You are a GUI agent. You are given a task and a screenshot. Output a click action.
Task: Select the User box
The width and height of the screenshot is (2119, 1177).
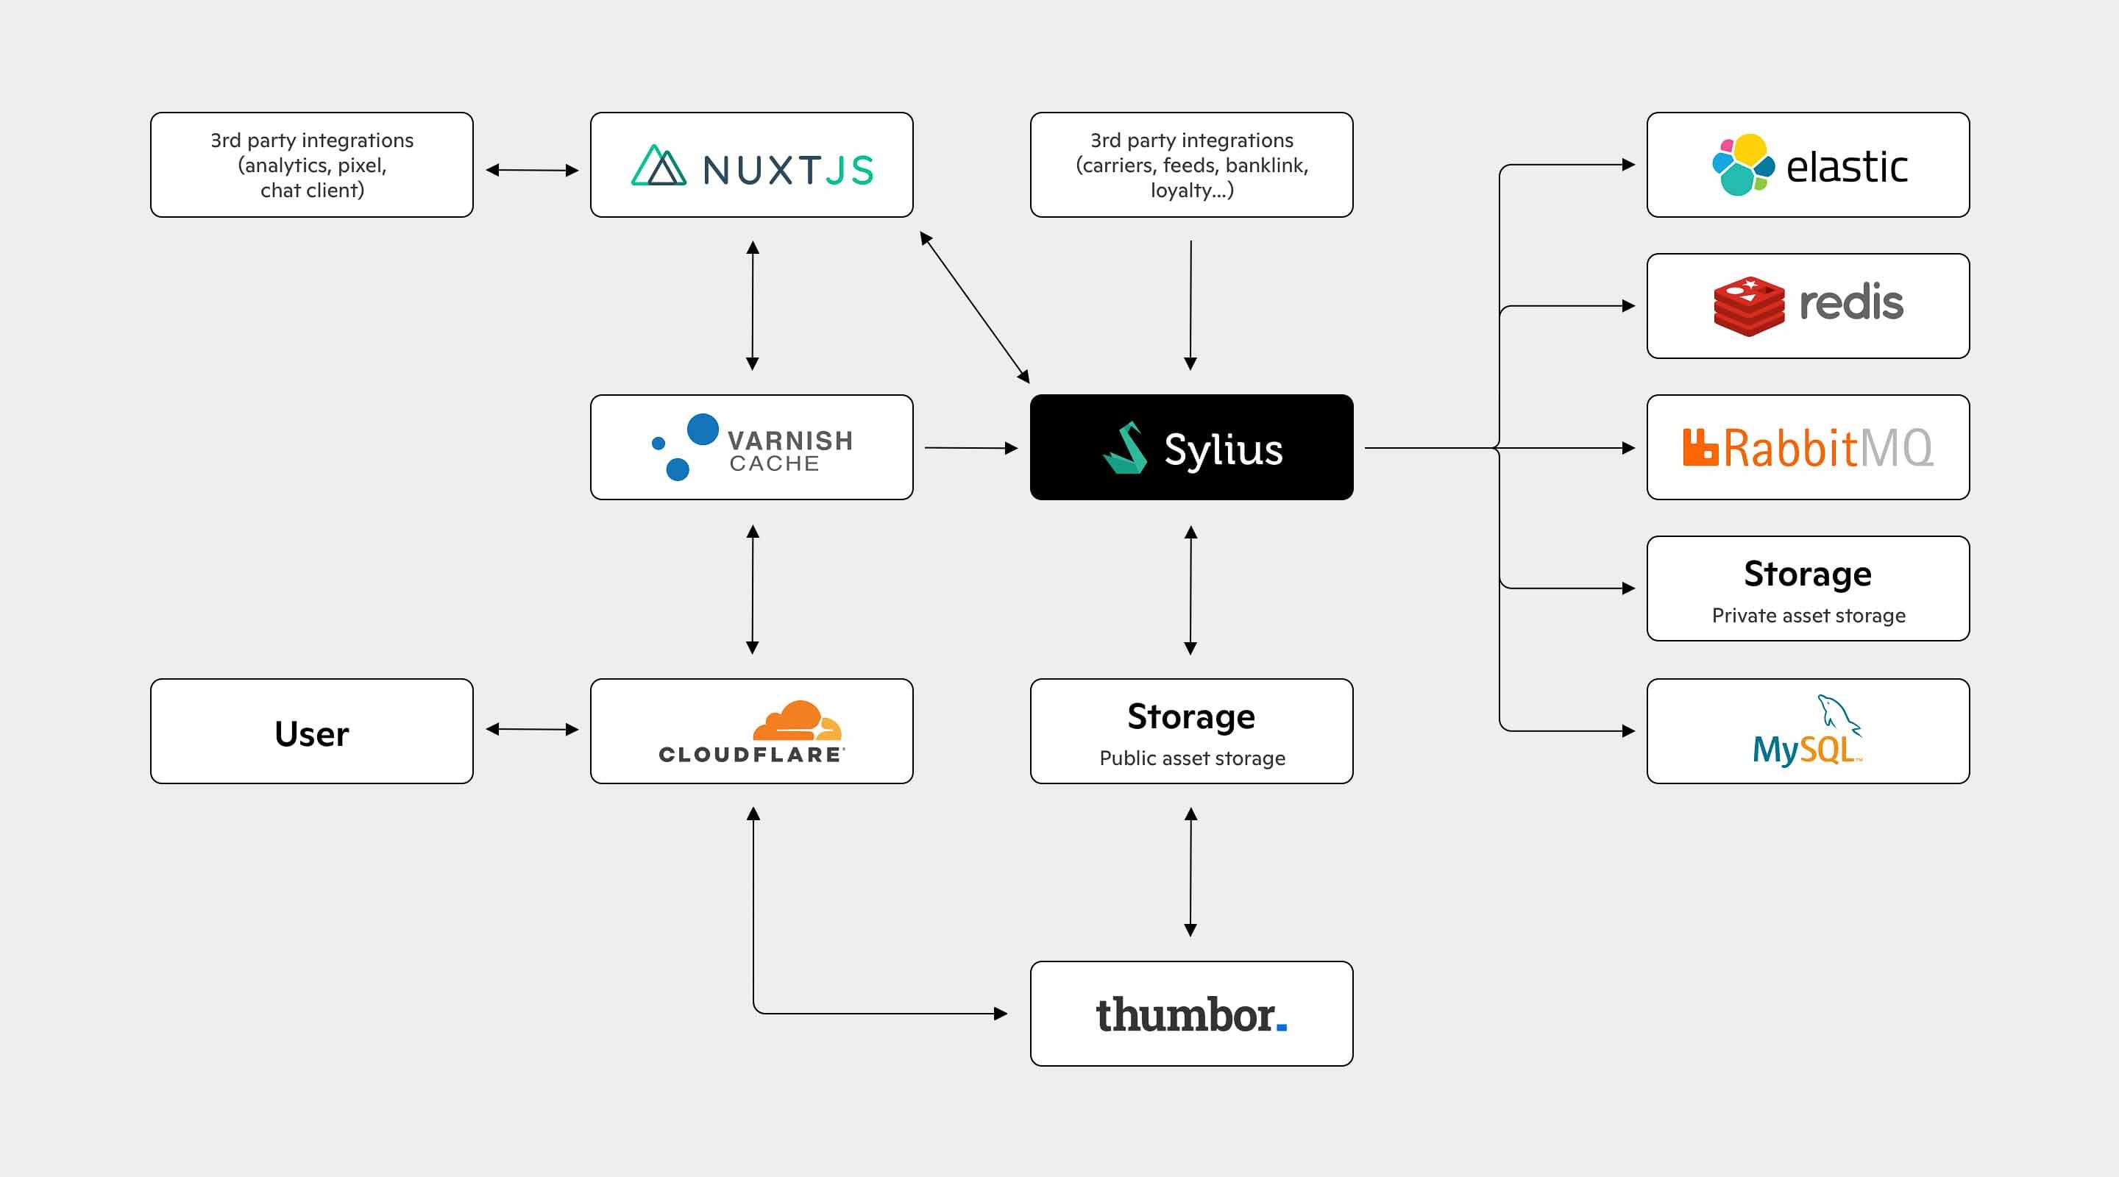(x=311, y=731)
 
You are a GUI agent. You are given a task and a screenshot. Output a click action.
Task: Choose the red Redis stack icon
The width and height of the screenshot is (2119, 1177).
(x=1748, y=306)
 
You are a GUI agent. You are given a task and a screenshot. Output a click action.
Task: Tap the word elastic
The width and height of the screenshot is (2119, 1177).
(x=1846, y=167)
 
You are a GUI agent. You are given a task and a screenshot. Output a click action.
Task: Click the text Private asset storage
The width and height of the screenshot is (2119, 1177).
(x=1808, y=615)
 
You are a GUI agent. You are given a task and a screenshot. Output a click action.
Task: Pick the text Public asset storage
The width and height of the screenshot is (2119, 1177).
(x=1191, y=758)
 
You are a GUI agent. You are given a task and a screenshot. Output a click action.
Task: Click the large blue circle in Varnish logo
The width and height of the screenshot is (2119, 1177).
(x=703, y=430)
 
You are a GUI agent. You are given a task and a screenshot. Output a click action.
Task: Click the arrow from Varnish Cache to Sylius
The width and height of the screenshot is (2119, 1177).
(x=970, y=447)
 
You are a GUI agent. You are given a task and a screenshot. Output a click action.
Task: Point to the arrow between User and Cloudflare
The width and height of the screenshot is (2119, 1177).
(x=531, y=730)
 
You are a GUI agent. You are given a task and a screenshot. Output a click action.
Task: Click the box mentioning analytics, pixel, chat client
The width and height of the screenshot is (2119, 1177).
(x=311, y=166)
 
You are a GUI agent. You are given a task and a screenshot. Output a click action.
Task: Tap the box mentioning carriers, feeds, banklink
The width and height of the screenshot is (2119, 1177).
(x=1191, y=166)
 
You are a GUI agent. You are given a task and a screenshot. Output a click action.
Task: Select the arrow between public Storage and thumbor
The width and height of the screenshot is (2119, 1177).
(x=1190, y=872)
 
